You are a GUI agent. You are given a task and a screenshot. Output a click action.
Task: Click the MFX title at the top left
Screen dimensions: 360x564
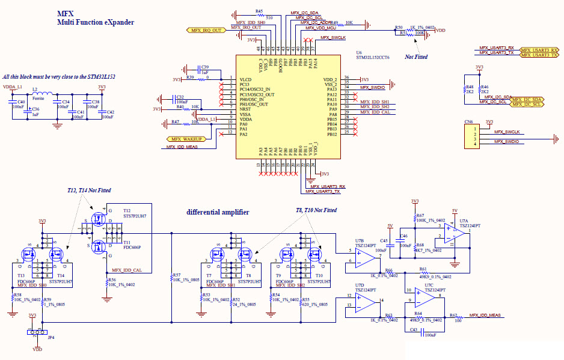point(66,13)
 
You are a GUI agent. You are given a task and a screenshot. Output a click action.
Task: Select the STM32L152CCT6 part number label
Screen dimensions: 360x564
point(372,58)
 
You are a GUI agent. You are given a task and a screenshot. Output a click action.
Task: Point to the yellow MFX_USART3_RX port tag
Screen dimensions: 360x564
point(539,49)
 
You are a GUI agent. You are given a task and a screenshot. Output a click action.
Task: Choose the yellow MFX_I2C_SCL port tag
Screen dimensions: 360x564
point(530,104)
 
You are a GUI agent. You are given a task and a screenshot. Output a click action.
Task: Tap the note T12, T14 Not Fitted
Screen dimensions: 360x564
point(89,190)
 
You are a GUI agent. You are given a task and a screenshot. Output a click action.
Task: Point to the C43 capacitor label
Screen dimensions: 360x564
point(413,329)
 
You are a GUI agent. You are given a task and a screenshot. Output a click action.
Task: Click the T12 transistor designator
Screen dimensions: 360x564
point(127,210)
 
